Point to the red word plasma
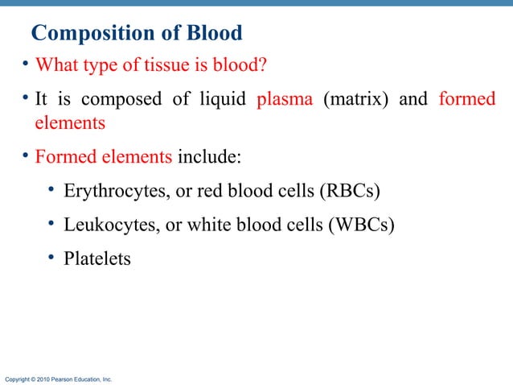[284, 101]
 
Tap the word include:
[208, 156]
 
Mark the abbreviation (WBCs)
[361, 226]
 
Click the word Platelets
[96, 259]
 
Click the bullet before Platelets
[51, 258]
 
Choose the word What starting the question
[55, 64]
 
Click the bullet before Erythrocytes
[51, 189]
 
